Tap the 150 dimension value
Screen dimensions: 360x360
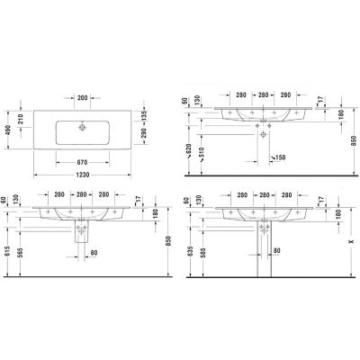[x=279, y=158]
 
